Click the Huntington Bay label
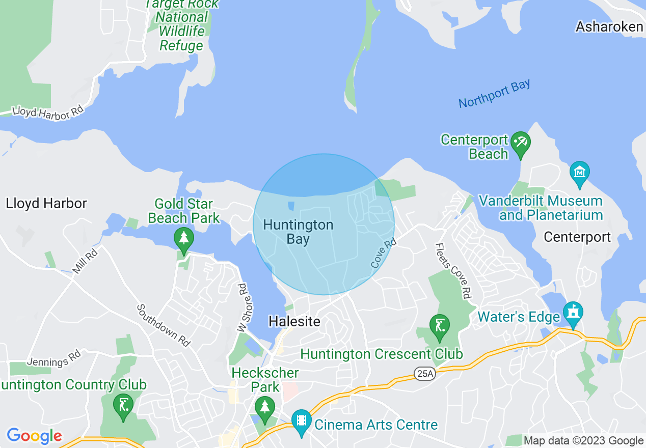click(298, 232)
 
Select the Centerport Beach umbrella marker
click(521, 142)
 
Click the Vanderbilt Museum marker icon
click(579, 172)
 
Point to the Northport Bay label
click(494, 94)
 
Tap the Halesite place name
click(295, 321)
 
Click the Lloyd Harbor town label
click(46, 204)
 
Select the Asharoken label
click(609, 26)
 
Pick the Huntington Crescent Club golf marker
click(439, 325)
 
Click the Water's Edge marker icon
click(573, 312)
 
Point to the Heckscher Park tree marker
click(264, 408)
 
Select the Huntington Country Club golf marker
click(123, 406)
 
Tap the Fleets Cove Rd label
click(452, 270)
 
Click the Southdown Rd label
click(164, 326)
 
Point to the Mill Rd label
click(85, 260)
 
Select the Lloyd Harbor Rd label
click(47, 113)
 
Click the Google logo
click(34, 436)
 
